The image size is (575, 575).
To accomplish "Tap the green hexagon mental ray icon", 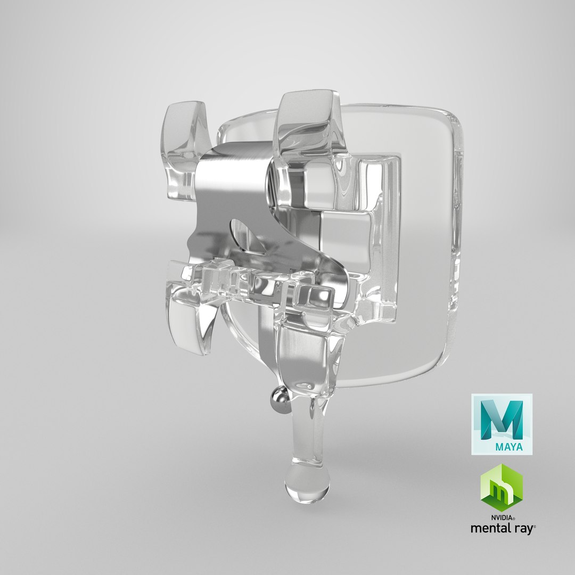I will tap(502, 487).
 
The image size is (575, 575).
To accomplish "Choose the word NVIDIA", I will tap(500, 517).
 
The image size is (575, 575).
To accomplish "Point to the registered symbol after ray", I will tap(535, 526).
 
